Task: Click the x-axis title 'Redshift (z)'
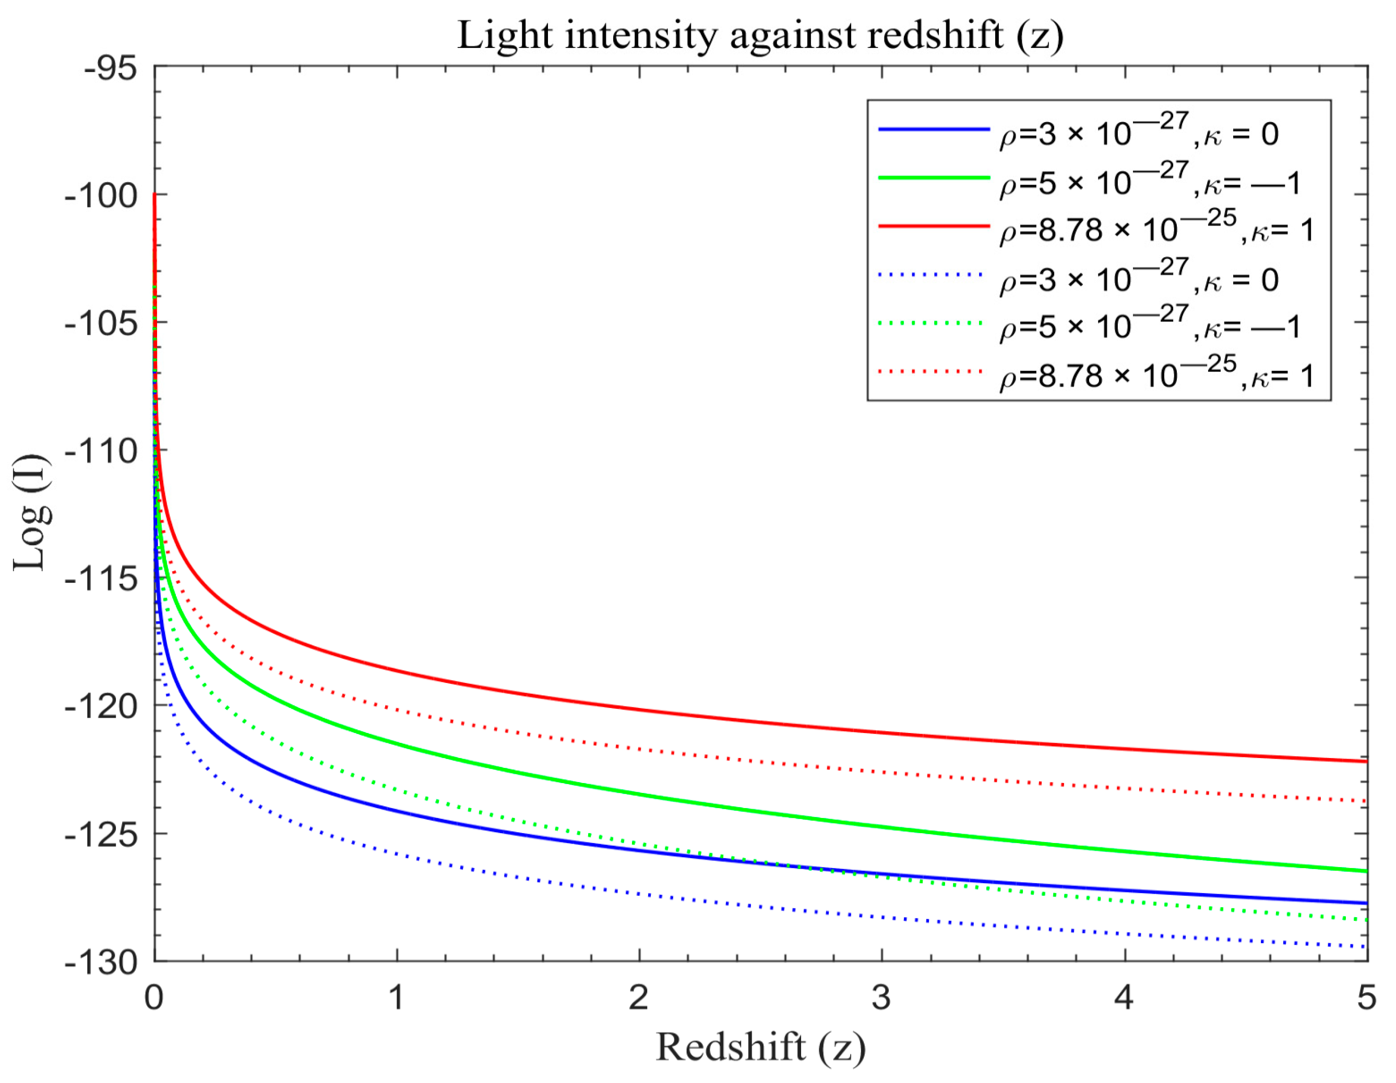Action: coord(760,1046)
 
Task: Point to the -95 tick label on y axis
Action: coord(110,68)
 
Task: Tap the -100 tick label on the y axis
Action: coord(101,195)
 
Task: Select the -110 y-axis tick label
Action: coord(101,451)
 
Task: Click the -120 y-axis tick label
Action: coord(101,707)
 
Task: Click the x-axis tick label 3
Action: coord(881,997)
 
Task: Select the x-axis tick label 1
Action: coord(396,997)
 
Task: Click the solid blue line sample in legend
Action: coord(933,130)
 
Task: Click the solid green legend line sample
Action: coord(933,177)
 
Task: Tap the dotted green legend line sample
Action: coord(930,323)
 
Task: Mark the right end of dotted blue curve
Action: coord(1365,947)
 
